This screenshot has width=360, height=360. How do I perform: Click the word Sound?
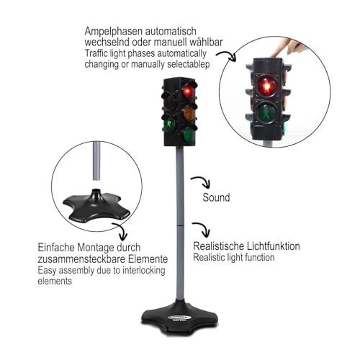[x=216, y=197]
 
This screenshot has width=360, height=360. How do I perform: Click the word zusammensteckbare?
[x=81, y=259]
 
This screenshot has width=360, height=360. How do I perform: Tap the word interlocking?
[x=144, y=271]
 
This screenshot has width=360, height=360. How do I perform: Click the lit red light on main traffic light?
[x=189, y=91]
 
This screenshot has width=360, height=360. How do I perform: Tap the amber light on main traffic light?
[x=189, y=113]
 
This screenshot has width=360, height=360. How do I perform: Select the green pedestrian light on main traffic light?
[x=170, y=124]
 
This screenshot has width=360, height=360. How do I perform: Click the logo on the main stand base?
[x=180, y=318]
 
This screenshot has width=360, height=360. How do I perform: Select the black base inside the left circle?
[x=96, y=206]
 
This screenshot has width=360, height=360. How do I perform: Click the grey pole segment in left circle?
[x=96, y=161]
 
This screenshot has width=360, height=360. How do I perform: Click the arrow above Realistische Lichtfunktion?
[x=202, y=229]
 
